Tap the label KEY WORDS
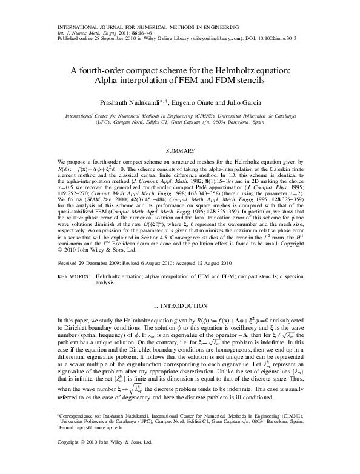[73, 275]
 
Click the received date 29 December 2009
[99, 263]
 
